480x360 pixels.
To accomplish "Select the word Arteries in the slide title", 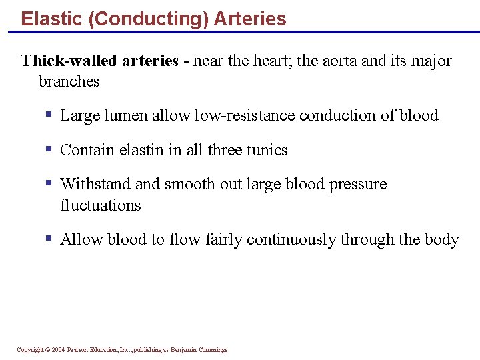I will [250, 19].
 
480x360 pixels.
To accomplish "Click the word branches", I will [69, 81].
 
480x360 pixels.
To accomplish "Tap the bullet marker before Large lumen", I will [49, 115].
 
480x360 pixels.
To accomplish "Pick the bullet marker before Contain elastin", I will [49, 149].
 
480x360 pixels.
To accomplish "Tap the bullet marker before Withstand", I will [49, 183].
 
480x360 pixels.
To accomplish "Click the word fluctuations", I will [101, 205].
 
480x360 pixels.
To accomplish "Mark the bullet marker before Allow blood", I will [49, 239].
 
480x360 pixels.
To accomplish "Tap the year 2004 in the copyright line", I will [59, 350].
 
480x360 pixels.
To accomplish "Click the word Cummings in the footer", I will [213, 350].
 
